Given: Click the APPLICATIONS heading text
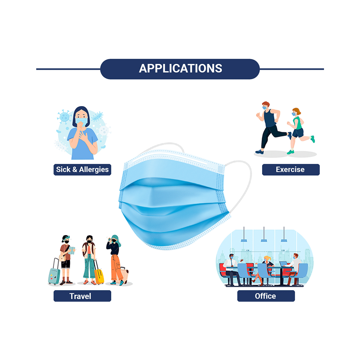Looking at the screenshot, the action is (x=180, y=68).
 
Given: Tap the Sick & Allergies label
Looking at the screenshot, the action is (x=82, y=170).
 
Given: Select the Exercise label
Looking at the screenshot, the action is (x=291, y=170).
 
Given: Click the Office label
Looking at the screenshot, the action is (x=266, y=296).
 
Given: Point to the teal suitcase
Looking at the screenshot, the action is (x=54, y=274).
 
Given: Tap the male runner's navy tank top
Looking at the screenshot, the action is (x=270, y=118).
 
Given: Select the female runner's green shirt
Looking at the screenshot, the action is (x=298, y=123).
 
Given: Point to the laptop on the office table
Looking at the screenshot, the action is (x=283, y=264).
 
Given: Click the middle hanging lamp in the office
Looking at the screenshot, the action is (x=264, y=240).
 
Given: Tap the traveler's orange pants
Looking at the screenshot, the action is (x=116, y=268).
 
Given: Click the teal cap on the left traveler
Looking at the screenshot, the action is (x=66, y=238).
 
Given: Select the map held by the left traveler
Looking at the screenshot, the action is (x=72, y=250).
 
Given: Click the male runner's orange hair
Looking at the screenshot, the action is (x=266, y=104).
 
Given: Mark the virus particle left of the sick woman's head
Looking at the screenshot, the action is (x=64, y=117).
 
